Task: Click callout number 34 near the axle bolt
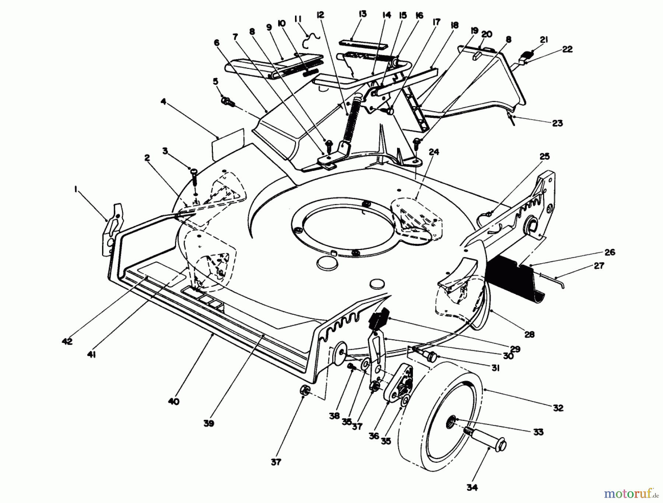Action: tap(472, 488)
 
